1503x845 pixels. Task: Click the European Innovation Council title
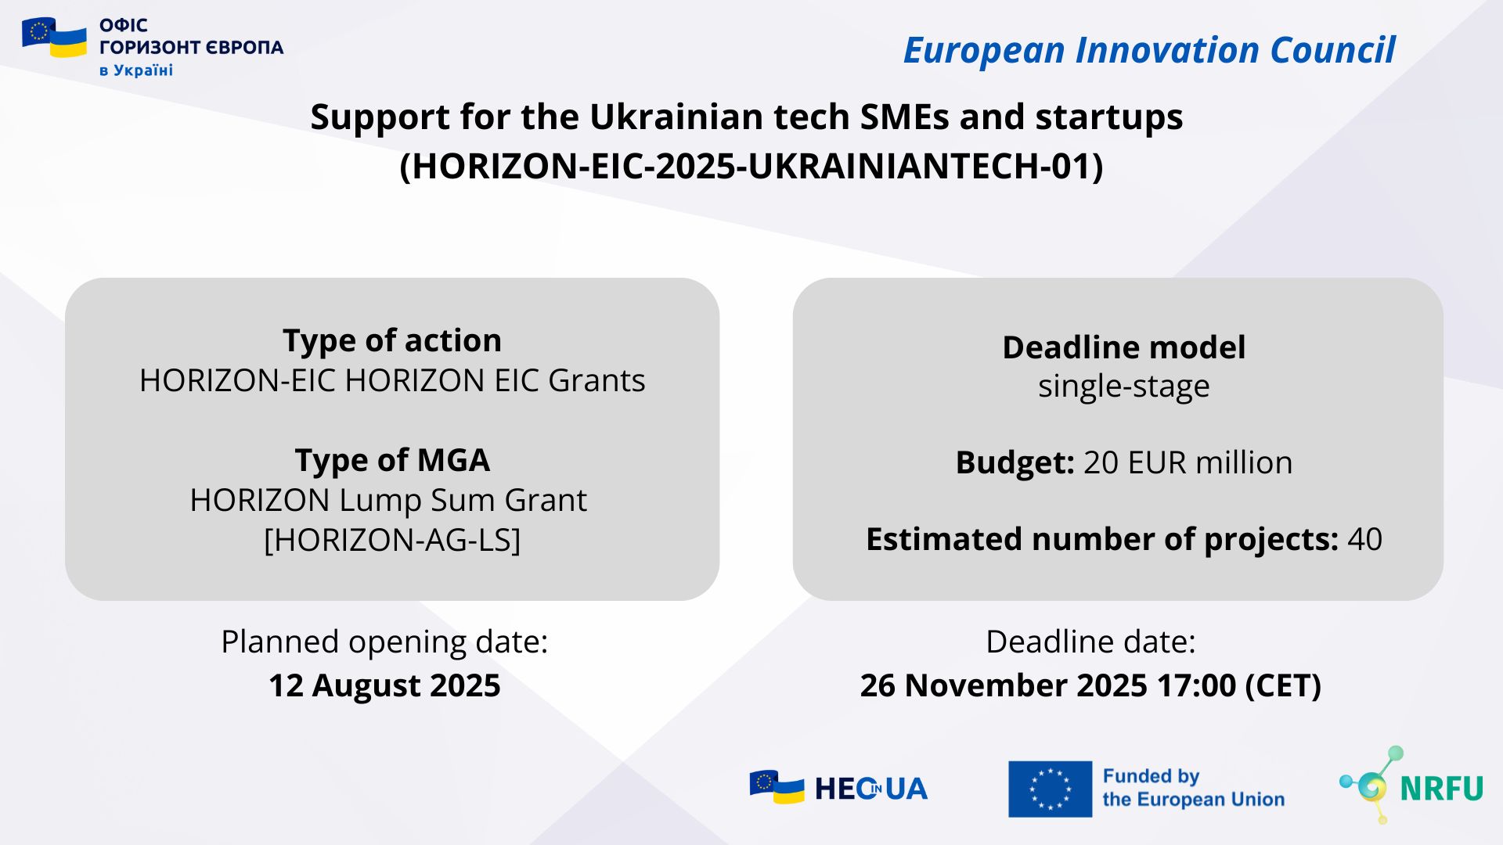[1149, 50]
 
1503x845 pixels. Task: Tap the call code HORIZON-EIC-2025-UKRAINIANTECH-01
[751, 166]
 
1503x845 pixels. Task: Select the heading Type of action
[392, 340]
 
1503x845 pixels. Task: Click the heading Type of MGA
[392, 460]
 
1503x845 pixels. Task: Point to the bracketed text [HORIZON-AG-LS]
[392, 540]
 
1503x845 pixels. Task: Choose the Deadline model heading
[1124, 347]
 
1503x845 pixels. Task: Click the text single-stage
[1124, 387]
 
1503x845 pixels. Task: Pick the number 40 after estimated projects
[1365, 539]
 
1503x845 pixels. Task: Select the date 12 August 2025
[384, 685]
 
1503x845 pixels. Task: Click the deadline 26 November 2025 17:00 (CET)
[1090, 685]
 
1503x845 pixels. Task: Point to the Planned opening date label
[384, 642]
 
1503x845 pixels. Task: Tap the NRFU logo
[1411, 786]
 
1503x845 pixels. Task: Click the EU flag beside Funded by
[1050, 789]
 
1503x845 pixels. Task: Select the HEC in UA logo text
[870, 789]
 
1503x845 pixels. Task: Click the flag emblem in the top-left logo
[54, 37]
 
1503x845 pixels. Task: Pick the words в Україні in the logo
[136, 70]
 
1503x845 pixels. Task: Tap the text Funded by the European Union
[1194, 788]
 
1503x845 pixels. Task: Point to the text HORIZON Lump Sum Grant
[388, 500]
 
